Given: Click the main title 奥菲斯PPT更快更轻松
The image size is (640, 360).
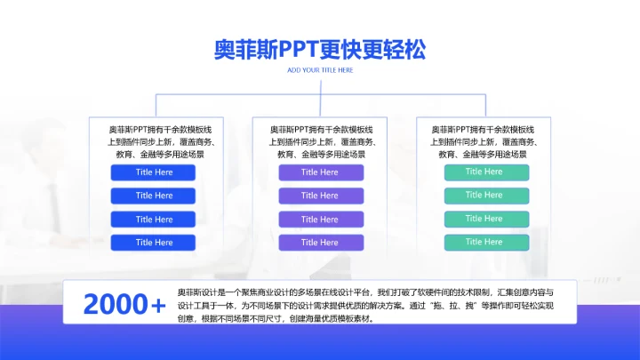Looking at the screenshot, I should click(x=320, y=50).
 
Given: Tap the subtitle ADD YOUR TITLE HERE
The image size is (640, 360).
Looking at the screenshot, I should click(x=320, y=70).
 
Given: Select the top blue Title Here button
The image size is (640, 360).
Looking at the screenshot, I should click(x=154, y=172).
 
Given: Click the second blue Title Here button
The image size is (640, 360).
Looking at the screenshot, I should click(x=154, y=196).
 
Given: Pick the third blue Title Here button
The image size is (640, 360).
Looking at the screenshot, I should click(x=154, y=220).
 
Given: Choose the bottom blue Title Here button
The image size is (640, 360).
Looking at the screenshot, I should click(x=154, y=243).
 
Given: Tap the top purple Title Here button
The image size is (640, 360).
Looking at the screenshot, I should click(x=320, y=172).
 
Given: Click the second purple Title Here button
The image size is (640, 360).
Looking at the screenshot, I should click(x=320, y=196).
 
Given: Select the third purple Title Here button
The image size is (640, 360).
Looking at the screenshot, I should click(x=320, y=220).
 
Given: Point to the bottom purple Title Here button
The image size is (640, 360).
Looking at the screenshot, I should click(x=320, y=243).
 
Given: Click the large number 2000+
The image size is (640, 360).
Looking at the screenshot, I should click(x=124, y=305).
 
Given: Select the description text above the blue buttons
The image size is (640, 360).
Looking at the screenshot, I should click(x=154, y=141).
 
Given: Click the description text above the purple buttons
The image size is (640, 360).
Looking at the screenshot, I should click(x=320, y=141).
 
